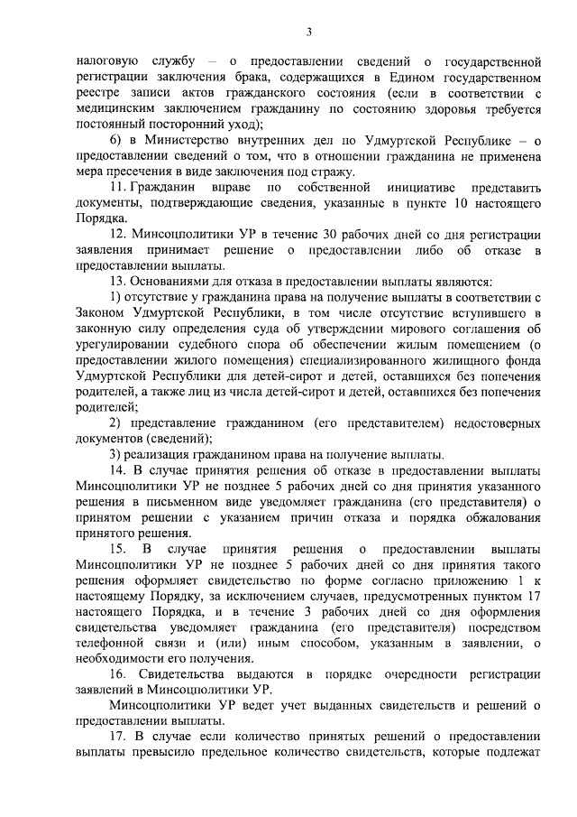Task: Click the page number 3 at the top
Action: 308,33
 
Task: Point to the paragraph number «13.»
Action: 119,282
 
